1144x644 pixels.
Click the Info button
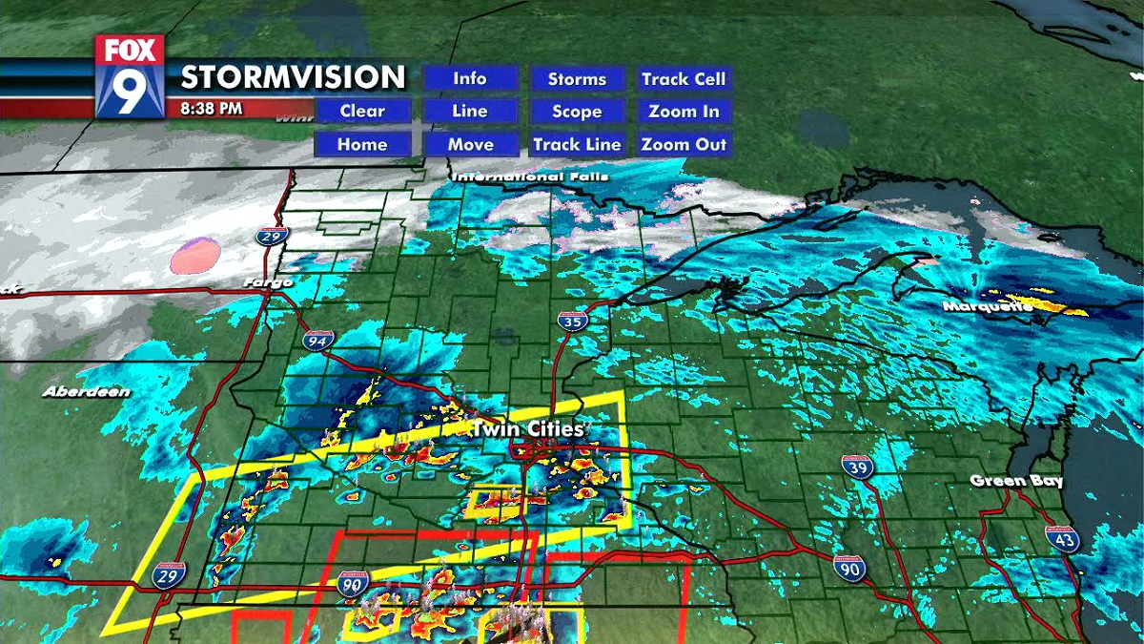point(470,79)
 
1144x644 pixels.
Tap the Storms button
point(577,79)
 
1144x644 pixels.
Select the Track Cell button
point(684,79)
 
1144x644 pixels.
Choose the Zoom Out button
point(684,145)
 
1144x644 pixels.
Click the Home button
point(362,145)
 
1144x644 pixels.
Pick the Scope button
point(577,112)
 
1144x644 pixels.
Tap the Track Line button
point(577,145)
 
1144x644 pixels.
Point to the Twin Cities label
point(527,430)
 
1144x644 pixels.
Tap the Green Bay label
point(1015,481)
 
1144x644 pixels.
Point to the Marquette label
point(988,306)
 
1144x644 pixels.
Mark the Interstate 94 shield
point(318,340)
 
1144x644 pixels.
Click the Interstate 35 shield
point(571,321)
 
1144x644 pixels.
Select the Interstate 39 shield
point(856,467)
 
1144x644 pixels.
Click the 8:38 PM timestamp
point(211,109)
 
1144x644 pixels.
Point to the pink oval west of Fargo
point(195,256)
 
